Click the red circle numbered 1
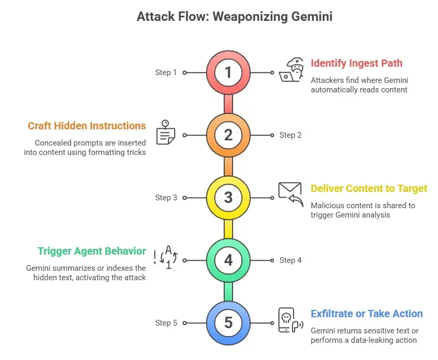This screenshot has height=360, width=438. [x=228, y=73]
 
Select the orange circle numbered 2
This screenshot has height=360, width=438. [x=228, y=135]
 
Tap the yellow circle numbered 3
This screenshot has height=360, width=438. [x=228, y=198]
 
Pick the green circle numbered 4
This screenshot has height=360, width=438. [x=228, y=260]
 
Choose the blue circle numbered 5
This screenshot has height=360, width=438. [x=228, y=323]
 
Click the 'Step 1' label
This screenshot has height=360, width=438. [x=166, y=73]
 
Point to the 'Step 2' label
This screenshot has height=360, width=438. [x=290, y=135]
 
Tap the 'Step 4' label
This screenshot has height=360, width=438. [x=290, y=260]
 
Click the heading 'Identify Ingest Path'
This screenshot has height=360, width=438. [x=356, y=63]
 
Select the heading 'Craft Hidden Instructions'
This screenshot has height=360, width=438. [x=87, y=126]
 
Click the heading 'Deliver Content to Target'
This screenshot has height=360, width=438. [x=369, y=188]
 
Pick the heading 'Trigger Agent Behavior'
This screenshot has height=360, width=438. [x=92, y=251]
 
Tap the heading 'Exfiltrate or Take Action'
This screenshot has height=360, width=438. [x=367, y=314]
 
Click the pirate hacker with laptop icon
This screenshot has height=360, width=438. [x=291, y=71]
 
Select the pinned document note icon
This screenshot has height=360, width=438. [x=166, y=133]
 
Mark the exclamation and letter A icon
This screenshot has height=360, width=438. [x=166, y=257]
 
